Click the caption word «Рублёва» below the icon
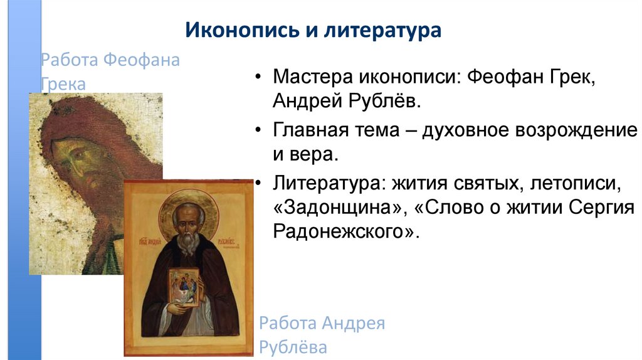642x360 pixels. coord(293,347)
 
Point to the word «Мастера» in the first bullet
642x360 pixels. coord(312,78)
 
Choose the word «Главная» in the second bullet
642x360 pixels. coord(312,132)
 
